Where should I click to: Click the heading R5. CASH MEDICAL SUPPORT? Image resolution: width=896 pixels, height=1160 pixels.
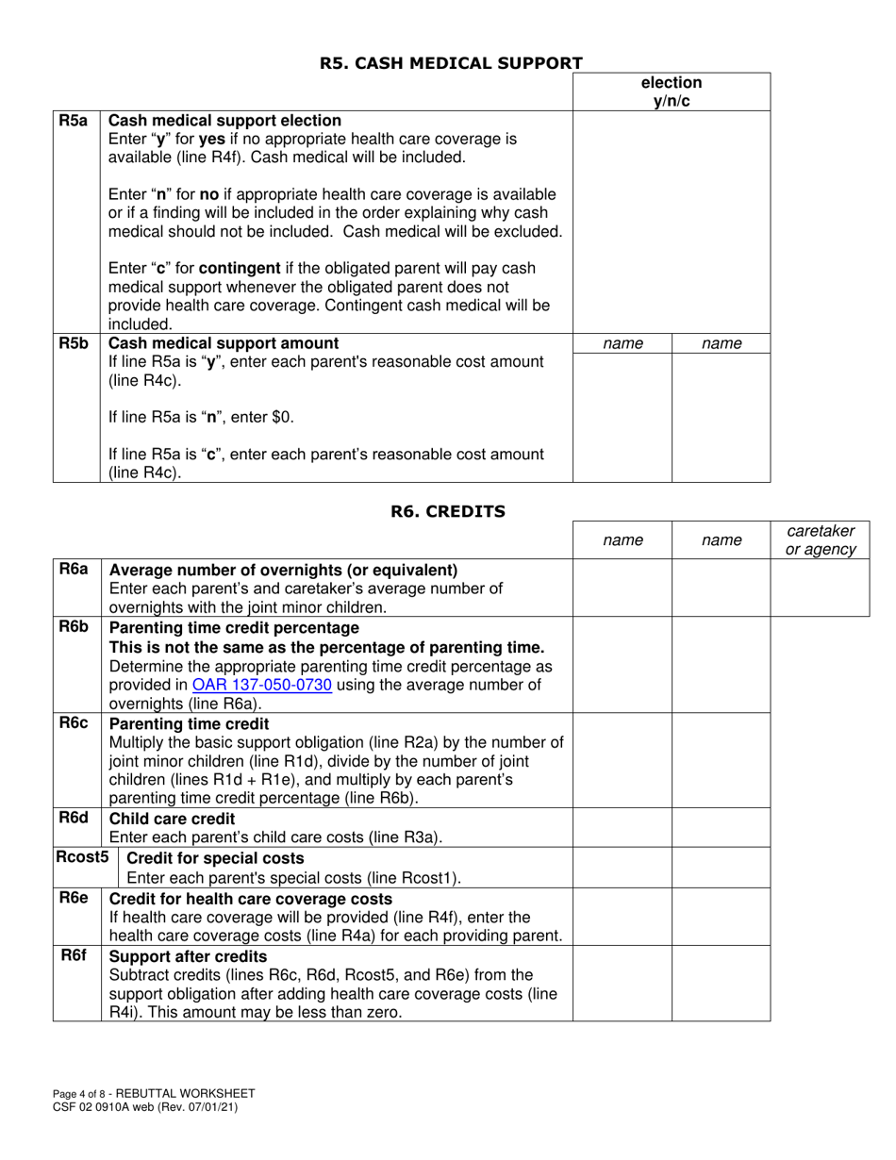(x=450, y=63)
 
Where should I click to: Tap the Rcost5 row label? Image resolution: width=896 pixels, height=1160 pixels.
(x=81, y=857)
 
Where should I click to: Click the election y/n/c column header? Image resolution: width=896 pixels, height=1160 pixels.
(x=671, y=91)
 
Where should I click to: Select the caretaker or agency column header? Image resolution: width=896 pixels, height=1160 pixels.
(x=819, y=539)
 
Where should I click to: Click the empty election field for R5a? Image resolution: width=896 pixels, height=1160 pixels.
(x=671, y=221)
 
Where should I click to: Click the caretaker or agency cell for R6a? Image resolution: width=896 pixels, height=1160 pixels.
(x=819, y=588)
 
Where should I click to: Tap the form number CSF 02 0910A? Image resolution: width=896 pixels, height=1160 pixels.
(x=99, y=1107)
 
